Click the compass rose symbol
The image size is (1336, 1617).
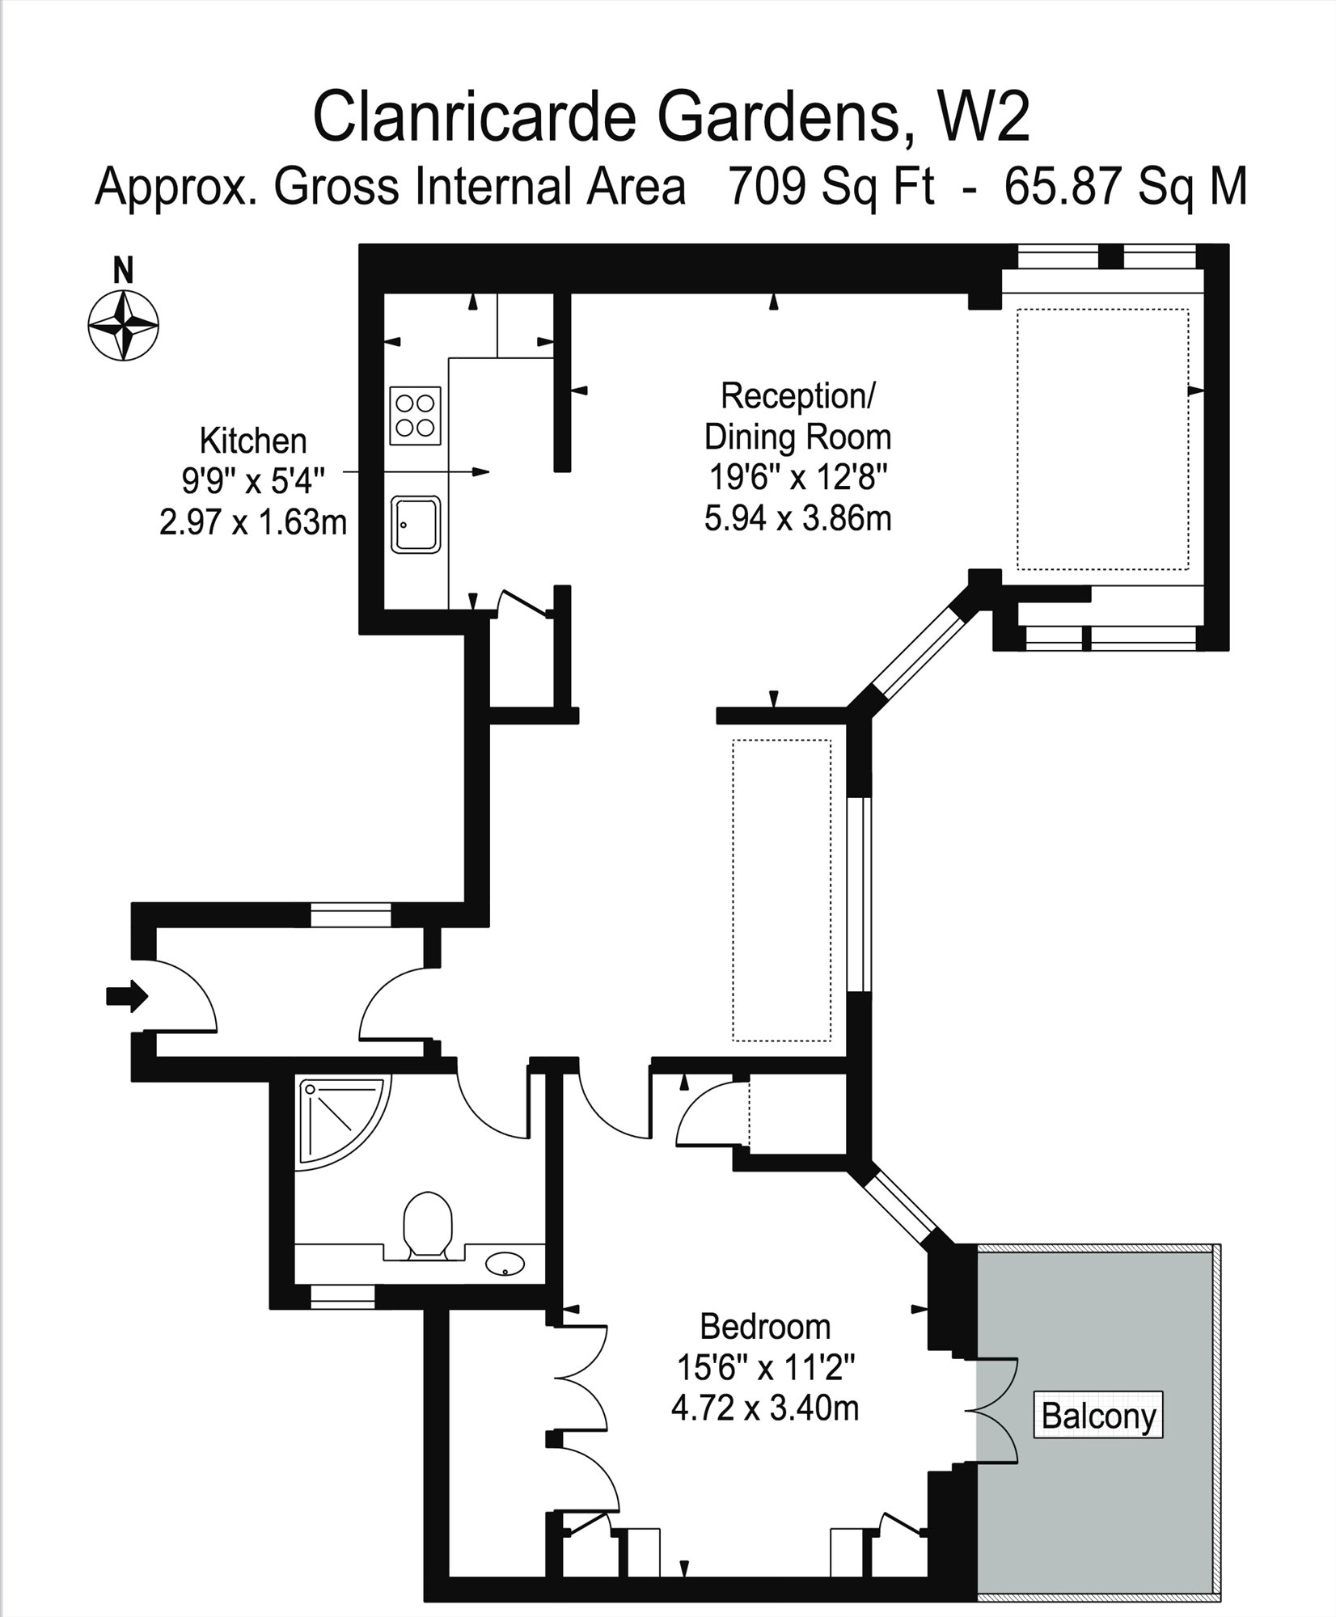[x=123, y=326]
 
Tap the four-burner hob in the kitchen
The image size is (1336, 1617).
[x=416, y=416]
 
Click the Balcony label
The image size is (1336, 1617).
[x=1098, y=1415]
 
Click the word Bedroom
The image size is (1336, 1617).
[x=765, y=1327]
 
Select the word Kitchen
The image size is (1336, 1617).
[x=253, y=441]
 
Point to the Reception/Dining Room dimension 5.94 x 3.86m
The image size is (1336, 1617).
[x=797, y=518]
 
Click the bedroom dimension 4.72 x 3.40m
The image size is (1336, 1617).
[x=765, y=1408]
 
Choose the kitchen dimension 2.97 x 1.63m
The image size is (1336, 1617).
[x=253, y=523]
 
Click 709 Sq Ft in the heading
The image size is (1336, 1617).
[x=831, y=188]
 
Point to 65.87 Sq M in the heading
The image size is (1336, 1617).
[x=1125, y=188]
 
